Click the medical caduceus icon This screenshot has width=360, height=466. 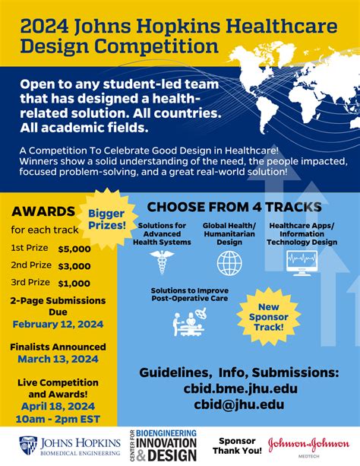pyautogui.click(x=162, y=262)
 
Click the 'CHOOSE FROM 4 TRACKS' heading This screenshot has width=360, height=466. pyautogui.click(x=233, y=207)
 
